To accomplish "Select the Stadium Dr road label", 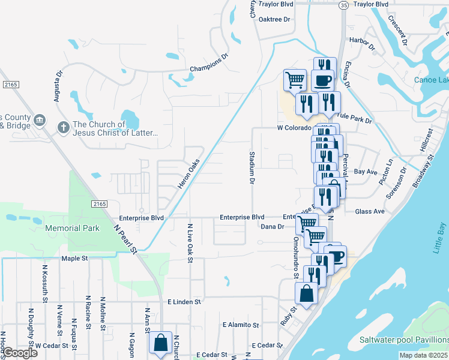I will click(x=252, y=168).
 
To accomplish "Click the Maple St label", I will click(x=75, y=259).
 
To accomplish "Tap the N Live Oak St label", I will click(x=190, y=242).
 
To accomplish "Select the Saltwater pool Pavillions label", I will click(x=404, y=340).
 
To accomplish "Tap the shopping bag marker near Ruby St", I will click(x=307, y=294).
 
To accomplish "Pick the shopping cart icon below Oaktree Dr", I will click(x=295, y=79).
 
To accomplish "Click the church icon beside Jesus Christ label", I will click(x=63, y=127).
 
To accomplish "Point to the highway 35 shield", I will click(x=343, y=5).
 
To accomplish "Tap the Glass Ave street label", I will click(x=370, y=211).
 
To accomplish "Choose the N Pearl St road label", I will click(x=126, y=238).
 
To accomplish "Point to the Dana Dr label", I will click(x=272, y=226).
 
